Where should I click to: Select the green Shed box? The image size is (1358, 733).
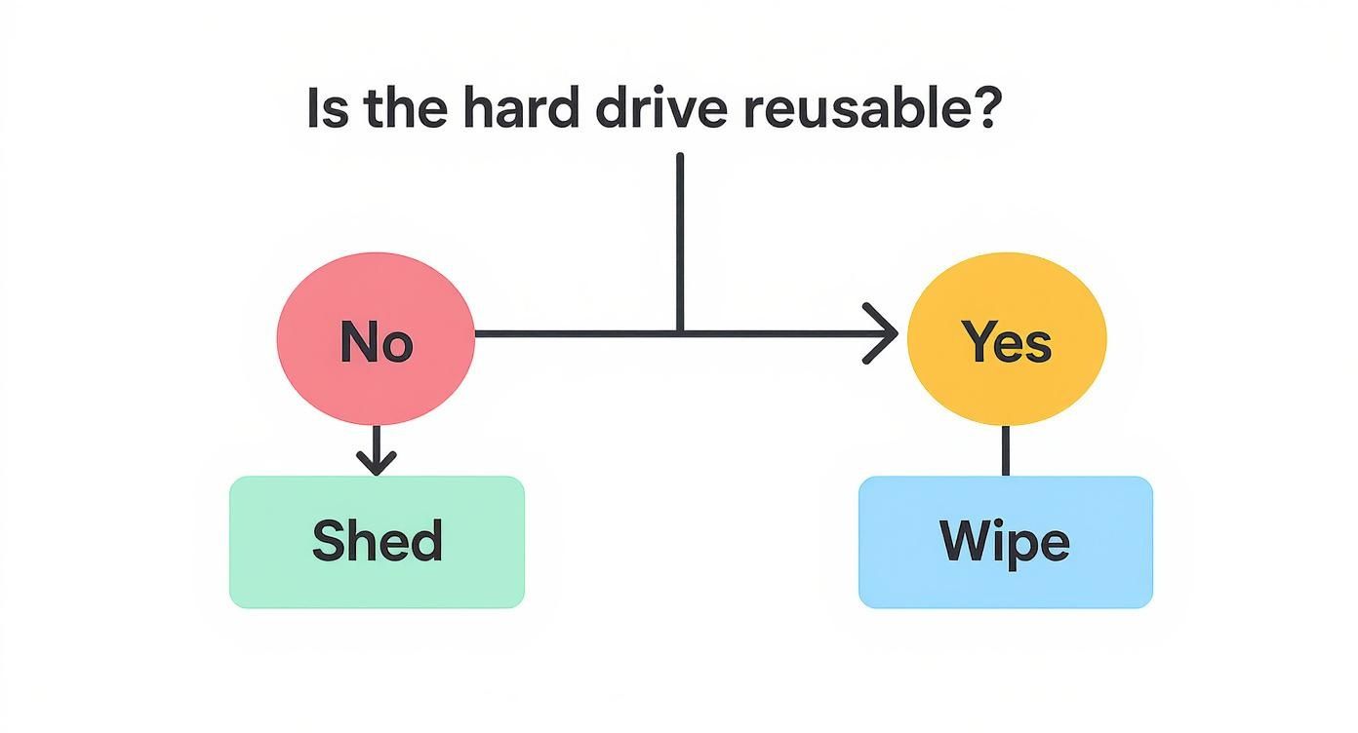[377, 542]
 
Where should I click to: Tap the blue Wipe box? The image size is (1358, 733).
[1005, 542]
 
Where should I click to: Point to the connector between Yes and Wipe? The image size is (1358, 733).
[1006, 450]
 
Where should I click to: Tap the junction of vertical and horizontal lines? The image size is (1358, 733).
[680, 333]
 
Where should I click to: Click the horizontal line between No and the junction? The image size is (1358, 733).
[576, 333]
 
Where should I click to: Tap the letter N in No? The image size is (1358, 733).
[357, 342]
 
